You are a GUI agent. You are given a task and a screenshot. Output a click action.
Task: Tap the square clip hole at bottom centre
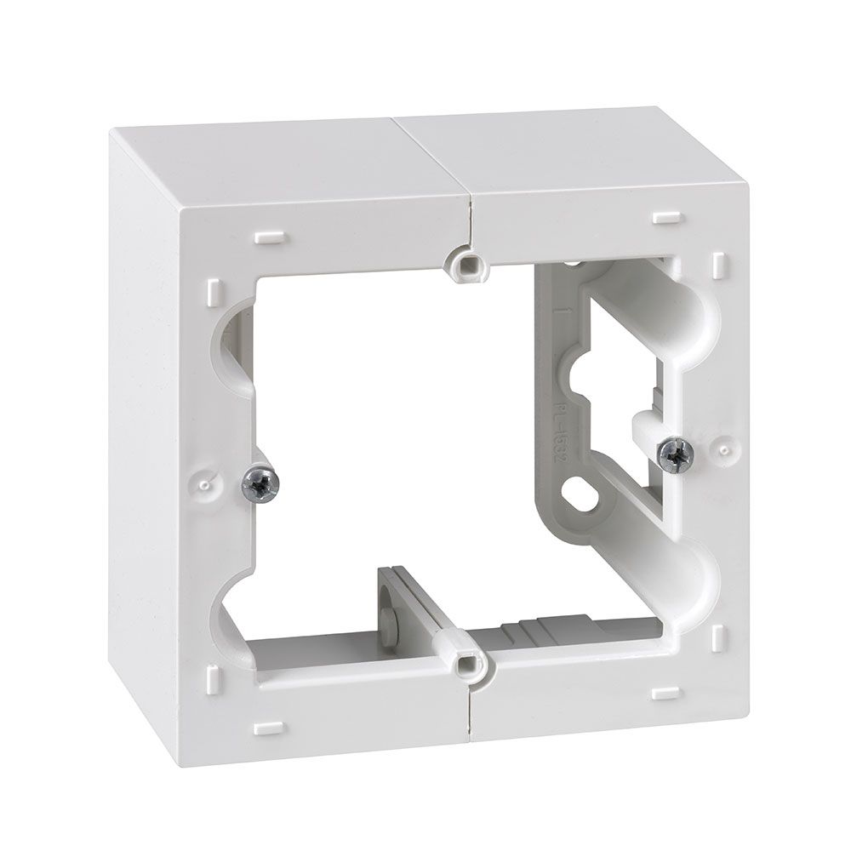point(467,661)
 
